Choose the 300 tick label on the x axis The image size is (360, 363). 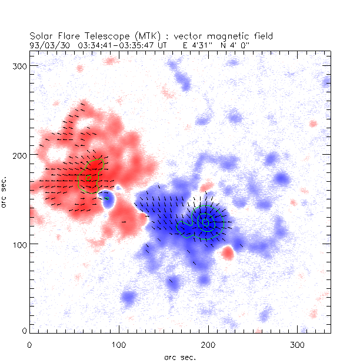tap(297, 344)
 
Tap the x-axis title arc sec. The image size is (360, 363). tap(180, 357)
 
